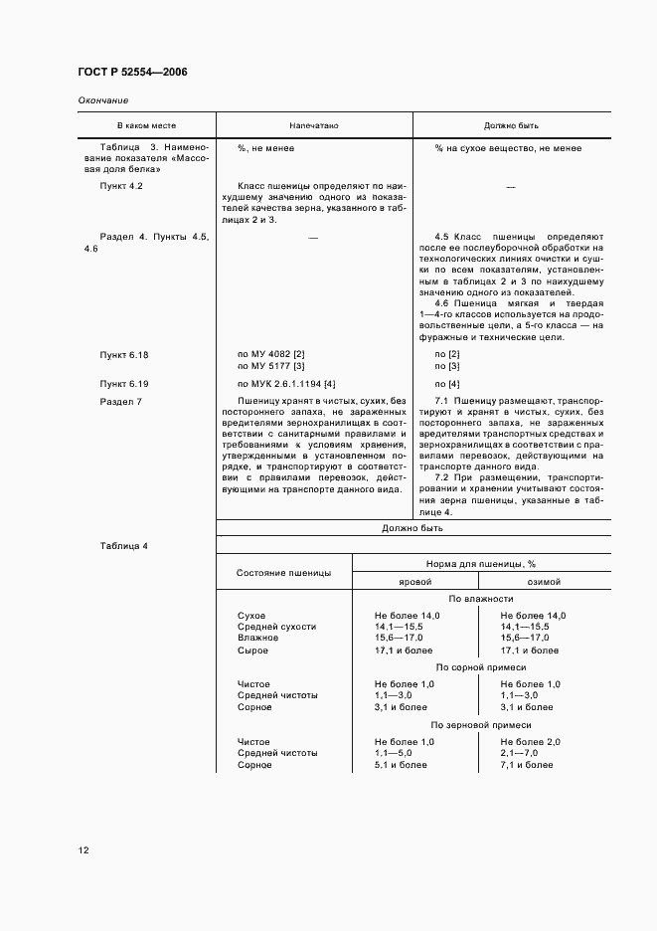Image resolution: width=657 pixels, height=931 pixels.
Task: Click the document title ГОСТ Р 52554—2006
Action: pyautogui.click(x=132, y=74)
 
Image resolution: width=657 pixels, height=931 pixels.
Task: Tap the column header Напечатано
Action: pyautogui.click(x=314, y=127)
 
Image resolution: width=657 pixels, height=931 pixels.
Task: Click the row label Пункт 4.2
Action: pyautogui.click(x=122, y=186)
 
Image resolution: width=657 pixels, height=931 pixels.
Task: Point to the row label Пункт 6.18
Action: pyautogui.click(x=124, y=354)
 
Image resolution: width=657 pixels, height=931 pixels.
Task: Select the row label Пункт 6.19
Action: pyautogui.click(x=124, y=383)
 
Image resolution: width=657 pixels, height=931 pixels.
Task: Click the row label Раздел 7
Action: pyautogui.click(x=121, y=401)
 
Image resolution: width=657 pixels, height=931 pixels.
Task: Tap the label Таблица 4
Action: pyautogui.click(x=124, y=546)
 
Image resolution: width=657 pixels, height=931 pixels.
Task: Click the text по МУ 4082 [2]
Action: pyautogui.click(x=270, y=354)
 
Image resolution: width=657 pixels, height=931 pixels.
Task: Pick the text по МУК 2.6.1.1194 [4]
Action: pyautogui.click(x=286, y=383)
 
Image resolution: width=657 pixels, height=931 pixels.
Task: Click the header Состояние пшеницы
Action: pyautogui.click(x=283, y=573)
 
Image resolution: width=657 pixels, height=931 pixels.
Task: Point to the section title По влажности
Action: pyautogui.click(x=481, y=599)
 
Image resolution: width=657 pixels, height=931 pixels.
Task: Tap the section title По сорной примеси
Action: pyautogui.click(x=481, y=667)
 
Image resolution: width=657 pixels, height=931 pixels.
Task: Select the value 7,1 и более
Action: pyautogui.click(x=527, y=765)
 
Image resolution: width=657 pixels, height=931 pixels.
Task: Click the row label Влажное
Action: pyautogui.click(x=257, y=638)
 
